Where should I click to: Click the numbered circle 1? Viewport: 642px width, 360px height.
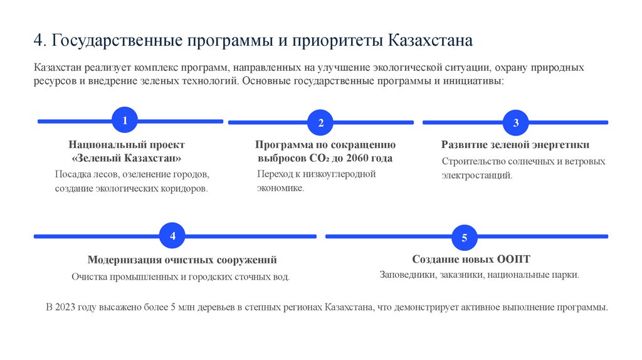124,120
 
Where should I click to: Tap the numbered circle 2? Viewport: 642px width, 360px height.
320,122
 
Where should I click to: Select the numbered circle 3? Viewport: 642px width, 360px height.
516,122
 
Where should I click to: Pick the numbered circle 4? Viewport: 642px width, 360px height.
173,236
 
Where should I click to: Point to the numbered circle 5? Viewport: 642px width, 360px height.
465,238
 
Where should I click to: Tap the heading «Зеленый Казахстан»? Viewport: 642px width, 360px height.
127,157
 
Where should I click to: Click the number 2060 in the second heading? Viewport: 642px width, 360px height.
360,158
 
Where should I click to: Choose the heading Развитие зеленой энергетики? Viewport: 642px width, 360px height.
515,145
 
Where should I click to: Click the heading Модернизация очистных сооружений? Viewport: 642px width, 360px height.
182,260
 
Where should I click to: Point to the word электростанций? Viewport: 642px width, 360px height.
476,176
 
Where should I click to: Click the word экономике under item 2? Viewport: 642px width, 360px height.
280,188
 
